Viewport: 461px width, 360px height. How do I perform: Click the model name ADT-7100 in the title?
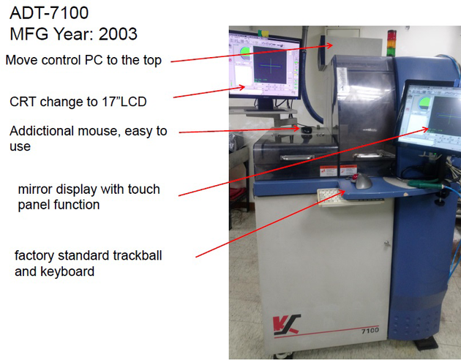click(49, 12)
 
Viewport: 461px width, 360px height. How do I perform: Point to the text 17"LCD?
click(125, 101)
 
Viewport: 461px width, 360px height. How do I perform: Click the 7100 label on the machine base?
click(370, 331)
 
